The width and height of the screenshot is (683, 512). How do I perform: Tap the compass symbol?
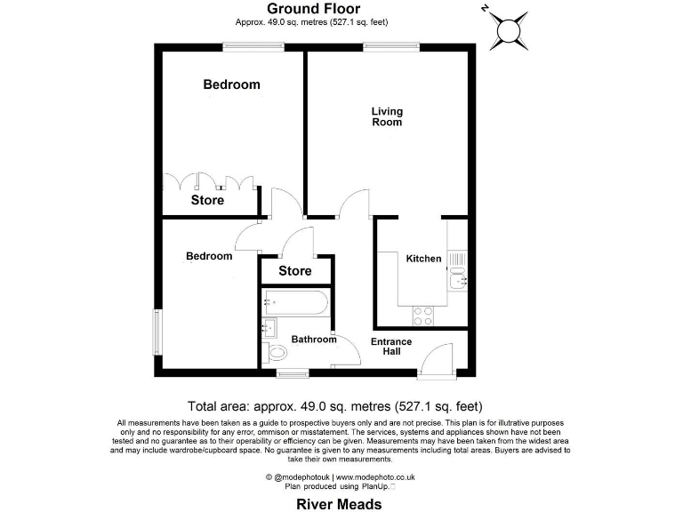(x=510, y=29)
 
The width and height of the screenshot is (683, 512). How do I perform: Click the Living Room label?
(x=387, y=116)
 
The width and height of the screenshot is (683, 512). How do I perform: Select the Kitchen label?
(x=423, y=259)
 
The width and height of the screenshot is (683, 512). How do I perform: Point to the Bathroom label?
(x=315, y=340)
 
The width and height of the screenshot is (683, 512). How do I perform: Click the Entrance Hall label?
(x=391, y=347)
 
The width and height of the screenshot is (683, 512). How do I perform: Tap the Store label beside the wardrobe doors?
(x=207, y=200)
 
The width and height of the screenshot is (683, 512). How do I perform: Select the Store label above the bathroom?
(x=295, y=271)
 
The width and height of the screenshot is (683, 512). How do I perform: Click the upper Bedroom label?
(x=231, y=84)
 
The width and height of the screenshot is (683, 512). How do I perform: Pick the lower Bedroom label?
(x=209, y=256)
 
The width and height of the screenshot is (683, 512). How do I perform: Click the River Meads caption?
(x=339, y=503)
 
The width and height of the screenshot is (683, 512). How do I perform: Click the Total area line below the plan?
(x=335, y=406)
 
